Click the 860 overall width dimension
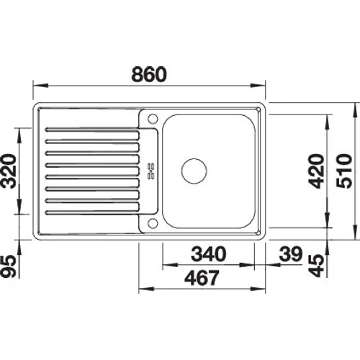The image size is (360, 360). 149,74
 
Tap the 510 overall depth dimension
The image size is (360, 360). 344,171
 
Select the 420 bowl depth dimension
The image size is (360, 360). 316,171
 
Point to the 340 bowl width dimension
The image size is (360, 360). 209,253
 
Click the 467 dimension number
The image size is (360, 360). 202,277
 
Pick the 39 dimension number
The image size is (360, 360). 291,253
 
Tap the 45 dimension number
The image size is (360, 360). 316,266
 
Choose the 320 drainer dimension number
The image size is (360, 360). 9,171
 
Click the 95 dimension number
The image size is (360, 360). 9,266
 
